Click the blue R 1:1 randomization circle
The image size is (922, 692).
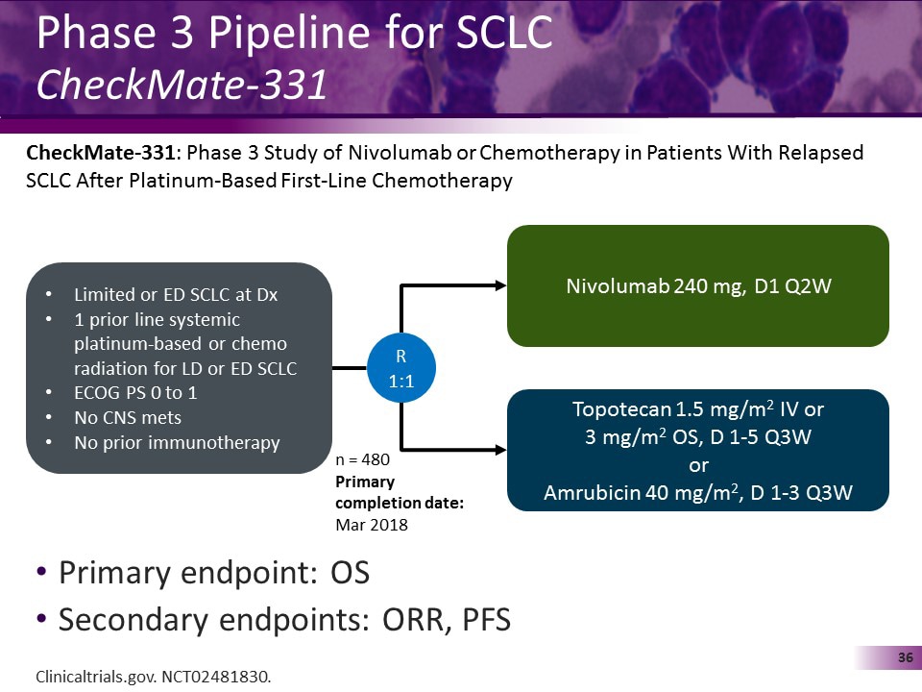[401, 368]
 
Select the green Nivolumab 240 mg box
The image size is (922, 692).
[697, 285]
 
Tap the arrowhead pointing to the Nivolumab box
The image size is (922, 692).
[498, 285]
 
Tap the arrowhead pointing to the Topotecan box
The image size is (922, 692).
[498, 449]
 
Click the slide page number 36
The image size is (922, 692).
[904, 657]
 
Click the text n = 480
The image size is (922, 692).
[362, 460]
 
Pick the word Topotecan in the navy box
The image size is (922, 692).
[616, 408]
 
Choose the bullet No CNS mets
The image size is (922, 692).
[127, 418]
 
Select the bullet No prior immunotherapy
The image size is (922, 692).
[177, 443]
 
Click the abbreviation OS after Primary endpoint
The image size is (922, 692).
[350, 573]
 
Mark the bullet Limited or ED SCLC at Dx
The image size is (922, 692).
[175, 295]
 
